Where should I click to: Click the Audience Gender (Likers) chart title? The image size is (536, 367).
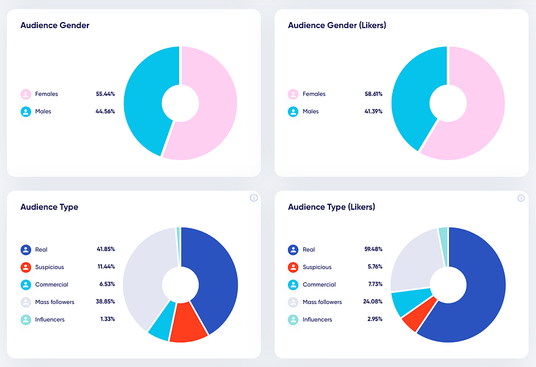point(337,25)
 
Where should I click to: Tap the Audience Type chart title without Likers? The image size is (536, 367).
point(50,207)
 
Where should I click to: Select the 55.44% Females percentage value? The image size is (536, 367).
point(105,94)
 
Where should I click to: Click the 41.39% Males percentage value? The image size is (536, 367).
point(373,111)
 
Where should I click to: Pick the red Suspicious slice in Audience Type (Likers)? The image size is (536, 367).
point(419,314)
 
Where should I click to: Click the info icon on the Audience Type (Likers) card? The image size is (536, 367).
point(521,198)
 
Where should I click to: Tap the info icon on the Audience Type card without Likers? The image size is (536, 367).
point(254,198)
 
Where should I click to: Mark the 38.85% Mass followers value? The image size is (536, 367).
point(105,302)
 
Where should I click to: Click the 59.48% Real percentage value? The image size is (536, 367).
point(373,249)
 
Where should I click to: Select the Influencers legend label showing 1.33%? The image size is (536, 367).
point(50,319)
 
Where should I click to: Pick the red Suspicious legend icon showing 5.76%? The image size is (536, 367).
point(293,267)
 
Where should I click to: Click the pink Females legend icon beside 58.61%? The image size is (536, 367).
point(293,94)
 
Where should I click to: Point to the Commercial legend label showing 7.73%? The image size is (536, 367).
point(319,284)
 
